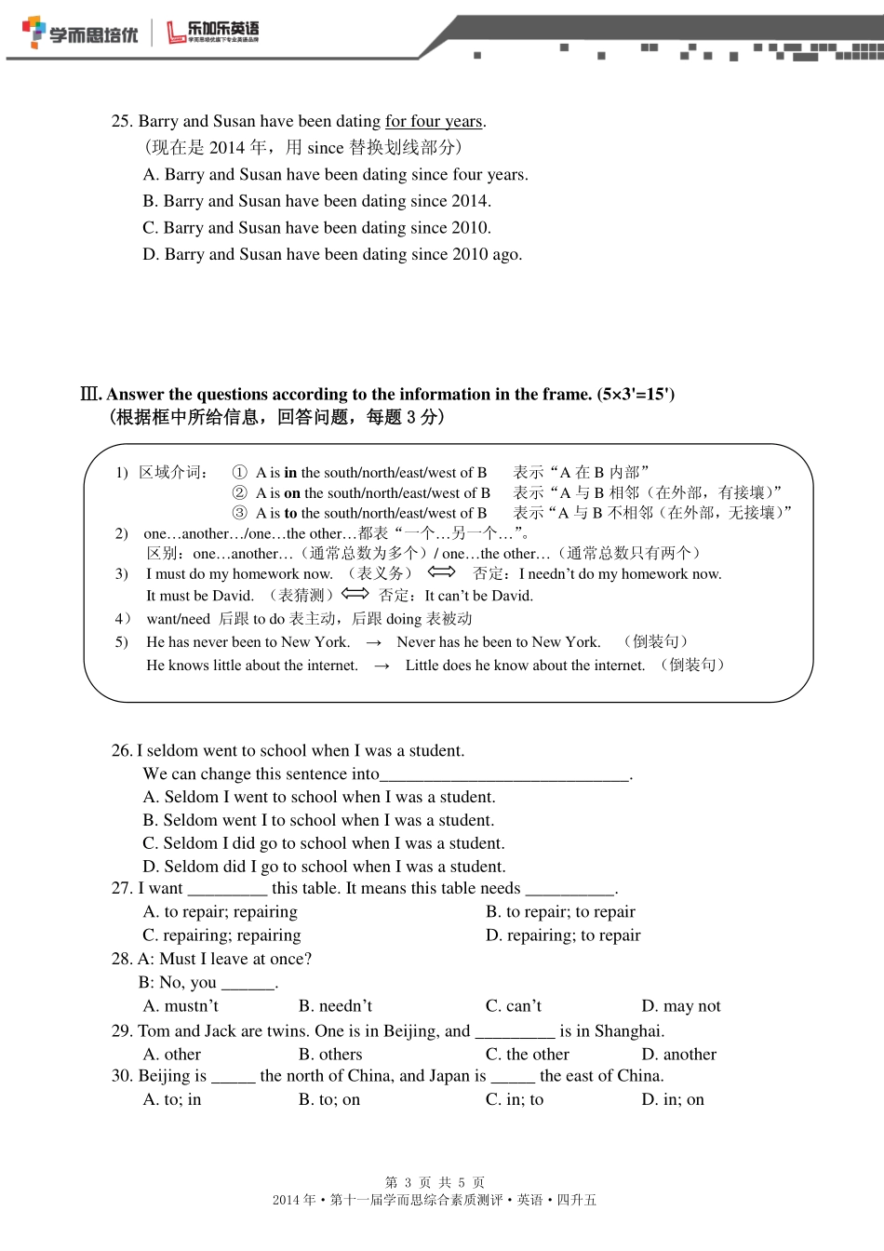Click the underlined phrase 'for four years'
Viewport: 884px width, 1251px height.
click(434, 121)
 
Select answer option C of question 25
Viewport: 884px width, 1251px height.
click(316, 228)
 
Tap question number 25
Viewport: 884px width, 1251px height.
click(122, 121)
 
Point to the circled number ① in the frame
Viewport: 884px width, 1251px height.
click(240, 473)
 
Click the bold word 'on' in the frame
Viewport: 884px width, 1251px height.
click(292, 493)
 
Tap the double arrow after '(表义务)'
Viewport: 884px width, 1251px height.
click(441, 572)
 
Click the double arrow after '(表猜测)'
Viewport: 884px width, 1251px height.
click(355, 594)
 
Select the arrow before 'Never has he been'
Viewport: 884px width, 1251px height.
click(374, 643)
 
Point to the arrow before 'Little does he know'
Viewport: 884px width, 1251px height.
click(382, 666)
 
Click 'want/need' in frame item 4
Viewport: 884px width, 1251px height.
click(178, 619)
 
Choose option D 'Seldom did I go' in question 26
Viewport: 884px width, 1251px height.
click(324, 867)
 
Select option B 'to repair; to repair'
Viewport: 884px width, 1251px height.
click(560, 912)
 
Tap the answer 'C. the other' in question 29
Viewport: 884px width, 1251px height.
click(527, 1055)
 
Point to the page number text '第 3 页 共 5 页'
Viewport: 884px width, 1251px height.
click(435, 1182)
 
